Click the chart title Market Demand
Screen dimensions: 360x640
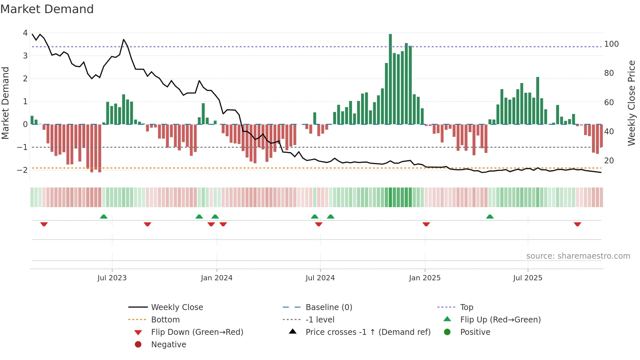pyautogui.click(x=47, y=9)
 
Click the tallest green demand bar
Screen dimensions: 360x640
pyautogui.click(x=390, y=78)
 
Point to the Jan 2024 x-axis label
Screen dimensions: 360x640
pyautogui.click(x=216, y=278)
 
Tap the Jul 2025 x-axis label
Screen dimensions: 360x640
pyautogui.click(x=527, y=278)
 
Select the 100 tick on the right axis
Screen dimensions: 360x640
pyautogui.click(x=611, y=44)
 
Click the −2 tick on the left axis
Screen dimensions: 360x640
pyautogui.click(x=23, y=170)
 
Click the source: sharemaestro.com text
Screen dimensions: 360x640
pyautogui.click(x=578, y=256)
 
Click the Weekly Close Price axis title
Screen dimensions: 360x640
pyautogui.click(x=632, y=103)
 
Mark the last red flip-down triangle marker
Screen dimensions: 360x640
pyautogui.click(x=577, y=224)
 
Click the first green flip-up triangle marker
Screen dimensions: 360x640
pyautogui.click(x=104, y=217)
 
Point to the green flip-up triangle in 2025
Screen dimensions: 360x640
pyautogui.click(x=490, y=217)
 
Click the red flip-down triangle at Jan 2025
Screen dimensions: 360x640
pyautogui.click(x=426, y=224)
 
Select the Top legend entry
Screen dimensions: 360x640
pyautogui.click(x=466, y=307)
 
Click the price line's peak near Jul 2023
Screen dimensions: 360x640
pyautogui.click(x=124, y=40)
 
